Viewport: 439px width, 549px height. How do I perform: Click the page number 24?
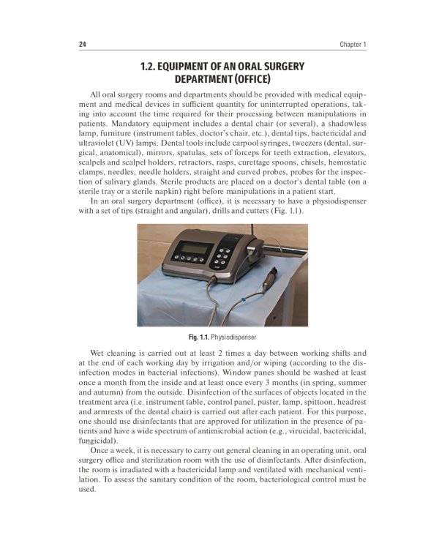[x=83, y=45]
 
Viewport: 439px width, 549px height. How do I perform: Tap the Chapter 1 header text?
[x=353, y=45]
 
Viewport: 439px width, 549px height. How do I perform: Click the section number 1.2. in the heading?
[x=151, y=67]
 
